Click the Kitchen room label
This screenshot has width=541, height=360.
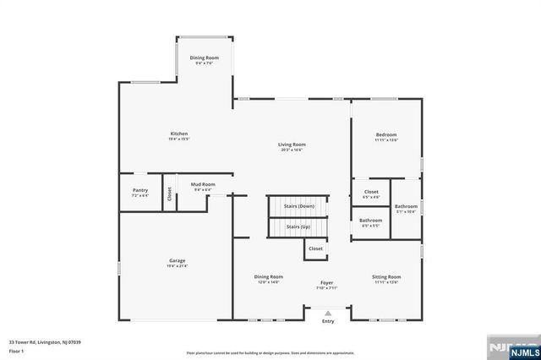178,134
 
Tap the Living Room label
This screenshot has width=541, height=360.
291,145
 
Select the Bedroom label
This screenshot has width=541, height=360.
386,134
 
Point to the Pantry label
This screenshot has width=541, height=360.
140,190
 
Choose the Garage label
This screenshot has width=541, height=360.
177,260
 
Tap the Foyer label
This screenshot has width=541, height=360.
326,282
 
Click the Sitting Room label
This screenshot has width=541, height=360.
386,276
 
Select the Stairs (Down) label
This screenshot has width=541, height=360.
298,206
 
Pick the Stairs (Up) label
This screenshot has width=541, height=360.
298,226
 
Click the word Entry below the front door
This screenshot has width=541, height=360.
328,321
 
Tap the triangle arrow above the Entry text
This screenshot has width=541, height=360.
328,313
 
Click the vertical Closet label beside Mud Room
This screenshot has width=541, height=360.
169,194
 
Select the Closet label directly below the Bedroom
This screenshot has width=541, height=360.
371,192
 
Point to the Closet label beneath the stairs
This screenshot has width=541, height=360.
315,248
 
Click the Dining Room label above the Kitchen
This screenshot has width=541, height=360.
204,57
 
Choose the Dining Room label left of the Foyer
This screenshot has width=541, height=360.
269,276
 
